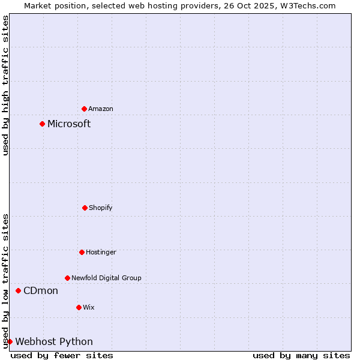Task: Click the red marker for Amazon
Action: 85,109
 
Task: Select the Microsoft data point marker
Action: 43,124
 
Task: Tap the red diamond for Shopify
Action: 85,208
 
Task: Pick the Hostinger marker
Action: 82,252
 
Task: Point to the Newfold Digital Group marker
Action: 68,278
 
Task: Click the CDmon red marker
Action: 19,291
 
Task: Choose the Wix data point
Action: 79,307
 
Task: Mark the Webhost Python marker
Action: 10,342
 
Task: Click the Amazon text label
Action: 101,109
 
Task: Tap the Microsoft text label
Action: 69,124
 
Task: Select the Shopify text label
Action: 101,208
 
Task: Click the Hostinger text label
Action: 101,252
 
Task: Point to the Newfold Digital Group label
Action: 106,278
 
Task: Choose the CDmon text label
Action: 41,291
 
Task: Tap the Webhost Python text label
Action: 54,342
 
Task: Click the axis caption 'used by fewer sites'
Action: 62,355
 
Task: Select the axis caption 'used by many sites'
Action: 301,355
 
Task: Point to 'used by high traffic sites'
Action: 5,85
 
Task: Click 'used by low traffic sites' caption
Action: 5,281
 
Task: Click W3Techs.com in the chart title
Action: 308,5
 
